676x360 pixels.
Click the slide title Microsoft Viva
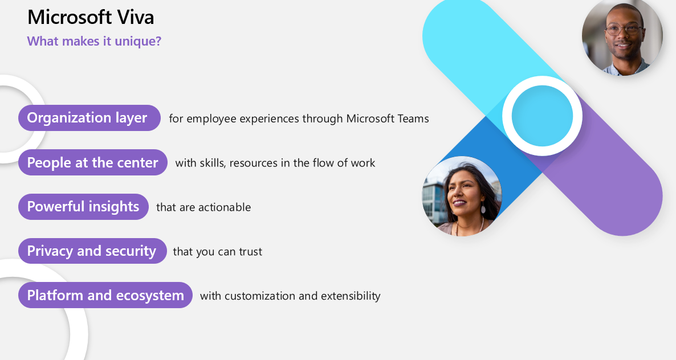pyautogui.click(x=91, y=17)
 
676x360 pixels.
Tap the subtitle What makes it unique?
pyautogui.click(x=94, y=42)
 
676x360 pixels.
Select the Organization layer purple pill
pyautogui.click(x=89, y=117)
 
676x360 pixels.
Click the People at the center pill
pyautogui.click(x=93, y=162)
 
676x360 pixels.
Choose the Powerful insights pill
pyautogui.click(x=83, y=207)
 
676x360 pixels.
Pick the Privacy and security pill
pyautogui.click(x=92, y=251)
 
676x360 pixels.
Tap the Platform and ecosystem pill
pyautogui.click(x=105, y=295)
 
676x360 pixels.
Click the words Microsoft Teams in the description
pyautogui.click(x=388, y=118)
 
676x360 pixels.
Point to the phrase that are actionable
pyautogui.click(x=203, y=207)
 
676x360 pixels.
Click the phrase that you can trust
pyautogui.click(x=217, y=251)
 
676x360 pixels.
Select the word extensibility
pyautogui.click(x=351, y=296)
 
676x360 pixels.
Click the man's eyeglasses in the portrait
pyautogui.click(x=624, y=30)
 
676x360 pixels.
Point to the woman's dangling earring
pyautogui.click(x=483, y=209)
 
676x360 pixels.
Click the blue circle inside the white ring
pyautogui.click(x=542, y=116)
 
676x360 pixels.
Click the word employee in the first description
pyautogui.click(x=211, y=119)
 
